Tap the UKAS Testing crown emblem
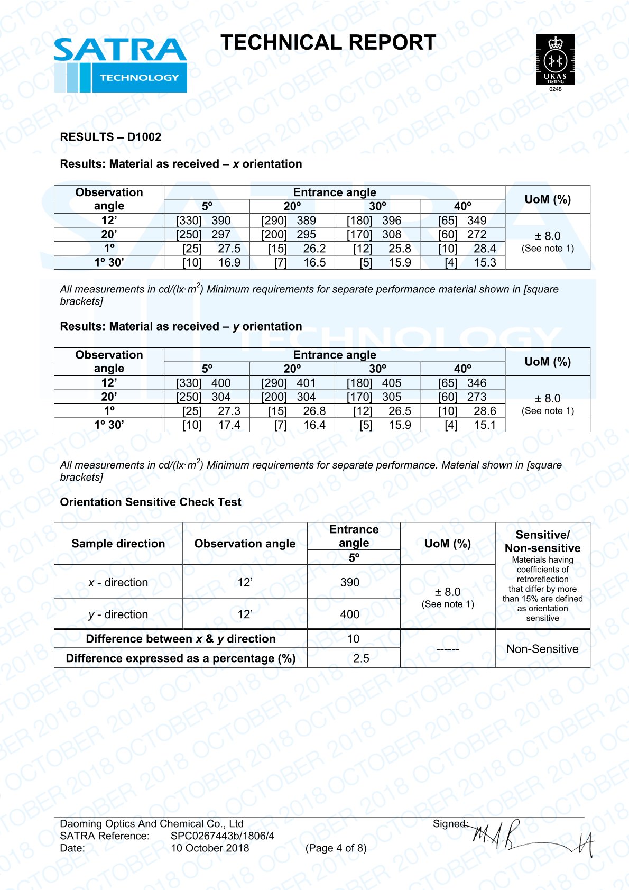click(x=555, y=59)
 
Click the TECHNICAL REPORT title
click(x=328, y=43)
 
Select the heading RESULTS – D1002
click(x=110, y=137)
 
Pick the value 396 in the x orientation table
click(x=392, y=221)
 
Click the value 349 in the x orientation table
click(x=477, y=221)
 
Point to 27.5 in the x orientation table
click(x=229, y=249)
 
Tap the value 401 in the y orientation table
click(x=306, y=383)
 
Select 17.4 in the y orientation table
click(x=229, y=425)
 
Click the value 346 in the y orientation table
click(x=477, y=383)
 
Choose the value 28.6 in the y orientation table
click(x=485, y=411)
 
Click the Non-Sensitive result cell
click(x=542, y=649)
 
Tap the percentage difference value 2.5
click(x=361, y=658)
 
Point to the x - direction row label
click(x=118, y=582)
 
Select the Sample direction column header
click(x=118, y=544)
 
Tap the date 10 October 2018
click(x=210, y=848)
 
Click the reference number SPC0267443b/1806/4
click(x=223, y=836)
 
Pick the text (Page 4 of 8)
click(x=336, y=848)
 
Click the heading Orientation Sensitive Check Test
click(x=151, y=502)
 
